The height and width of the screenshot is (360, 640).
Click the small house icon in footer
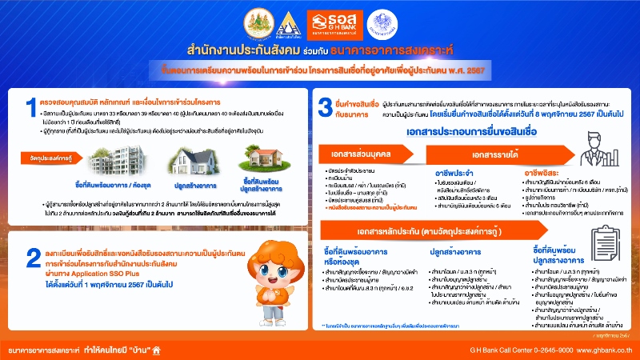(x=157, y=349)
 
